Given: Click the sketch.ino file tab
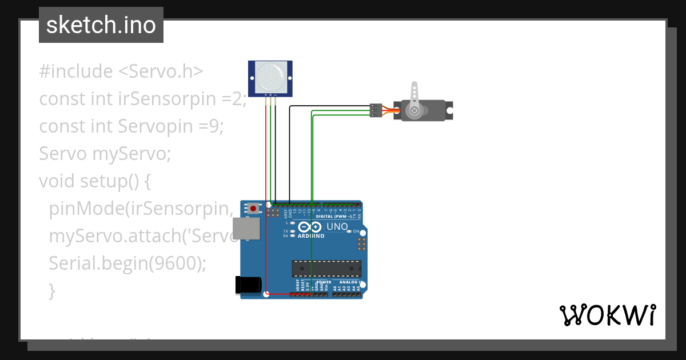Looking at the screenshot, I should click(101, 25).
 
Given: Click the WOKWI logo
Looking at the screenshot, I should click(607, 315).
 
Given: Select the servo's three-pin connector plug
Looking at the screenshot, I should click(376, 110).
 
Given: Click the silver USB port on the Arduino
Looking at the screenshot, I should click(245, 229).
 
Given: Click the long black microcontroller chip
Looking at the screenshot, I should click(326, 267).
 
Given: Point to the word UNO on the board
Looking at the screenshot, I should click(337, 227).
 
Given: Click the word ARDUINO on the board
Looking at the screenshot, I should click(311, 235).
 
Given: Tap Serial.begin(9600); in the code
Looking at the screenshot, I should click(127, 263).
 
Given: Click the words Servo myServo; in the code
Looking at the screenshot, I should click(105, 154).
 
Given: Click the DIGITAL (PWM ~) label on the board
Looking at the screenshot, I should click(333, 217).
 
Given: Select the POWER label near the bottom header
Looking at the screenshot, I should click(324, 282).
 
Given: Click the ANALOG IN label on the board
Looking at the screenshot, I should click(350, 282).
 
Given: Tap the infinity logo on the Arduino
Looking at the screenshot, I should click(309, 227).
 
